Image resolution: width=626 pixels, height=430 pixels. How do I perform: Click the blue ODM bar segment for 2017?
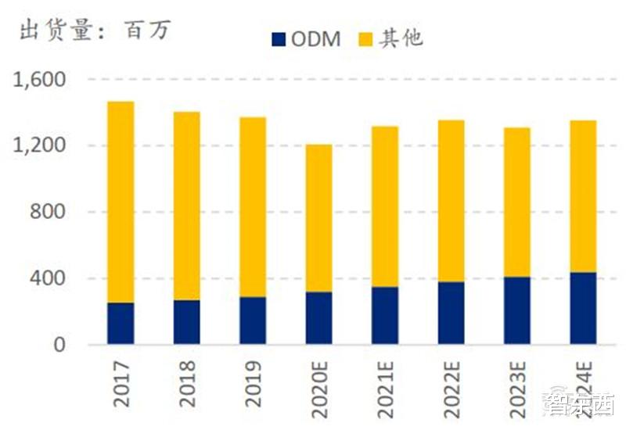pyautogui.click(x=121, y=323)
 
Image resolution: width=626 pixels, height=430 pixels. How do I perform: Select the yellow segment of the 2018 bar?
pyautogui.click(x=187, y=206)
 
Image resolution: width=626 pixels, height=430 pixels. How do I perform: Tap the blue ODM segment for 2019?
pyautogui.click(x=253, y=320)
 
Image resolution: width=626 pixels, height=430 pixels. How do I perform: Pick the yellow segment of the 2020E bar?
pyautogui.click(x=318, y=218)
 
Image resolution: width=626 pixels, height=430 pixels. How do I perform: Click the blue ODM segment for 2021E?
pyautogui.click(x=385, y=315)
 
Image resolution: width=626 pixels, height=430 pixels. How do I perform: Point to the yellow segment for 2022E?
pyautogui.click(x=451, y=201)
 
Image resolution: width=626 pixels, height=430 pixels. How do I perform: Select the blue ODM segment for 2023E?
pyautogui.click(x=516, y=310)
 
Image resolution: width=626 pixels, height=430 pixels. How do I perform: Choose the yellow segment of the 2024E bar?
pyautogui.click(x=583, y=196)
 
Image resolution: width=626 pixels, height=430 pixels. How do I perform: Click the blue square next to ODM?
pyautogui.click(x=278, y=38)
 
